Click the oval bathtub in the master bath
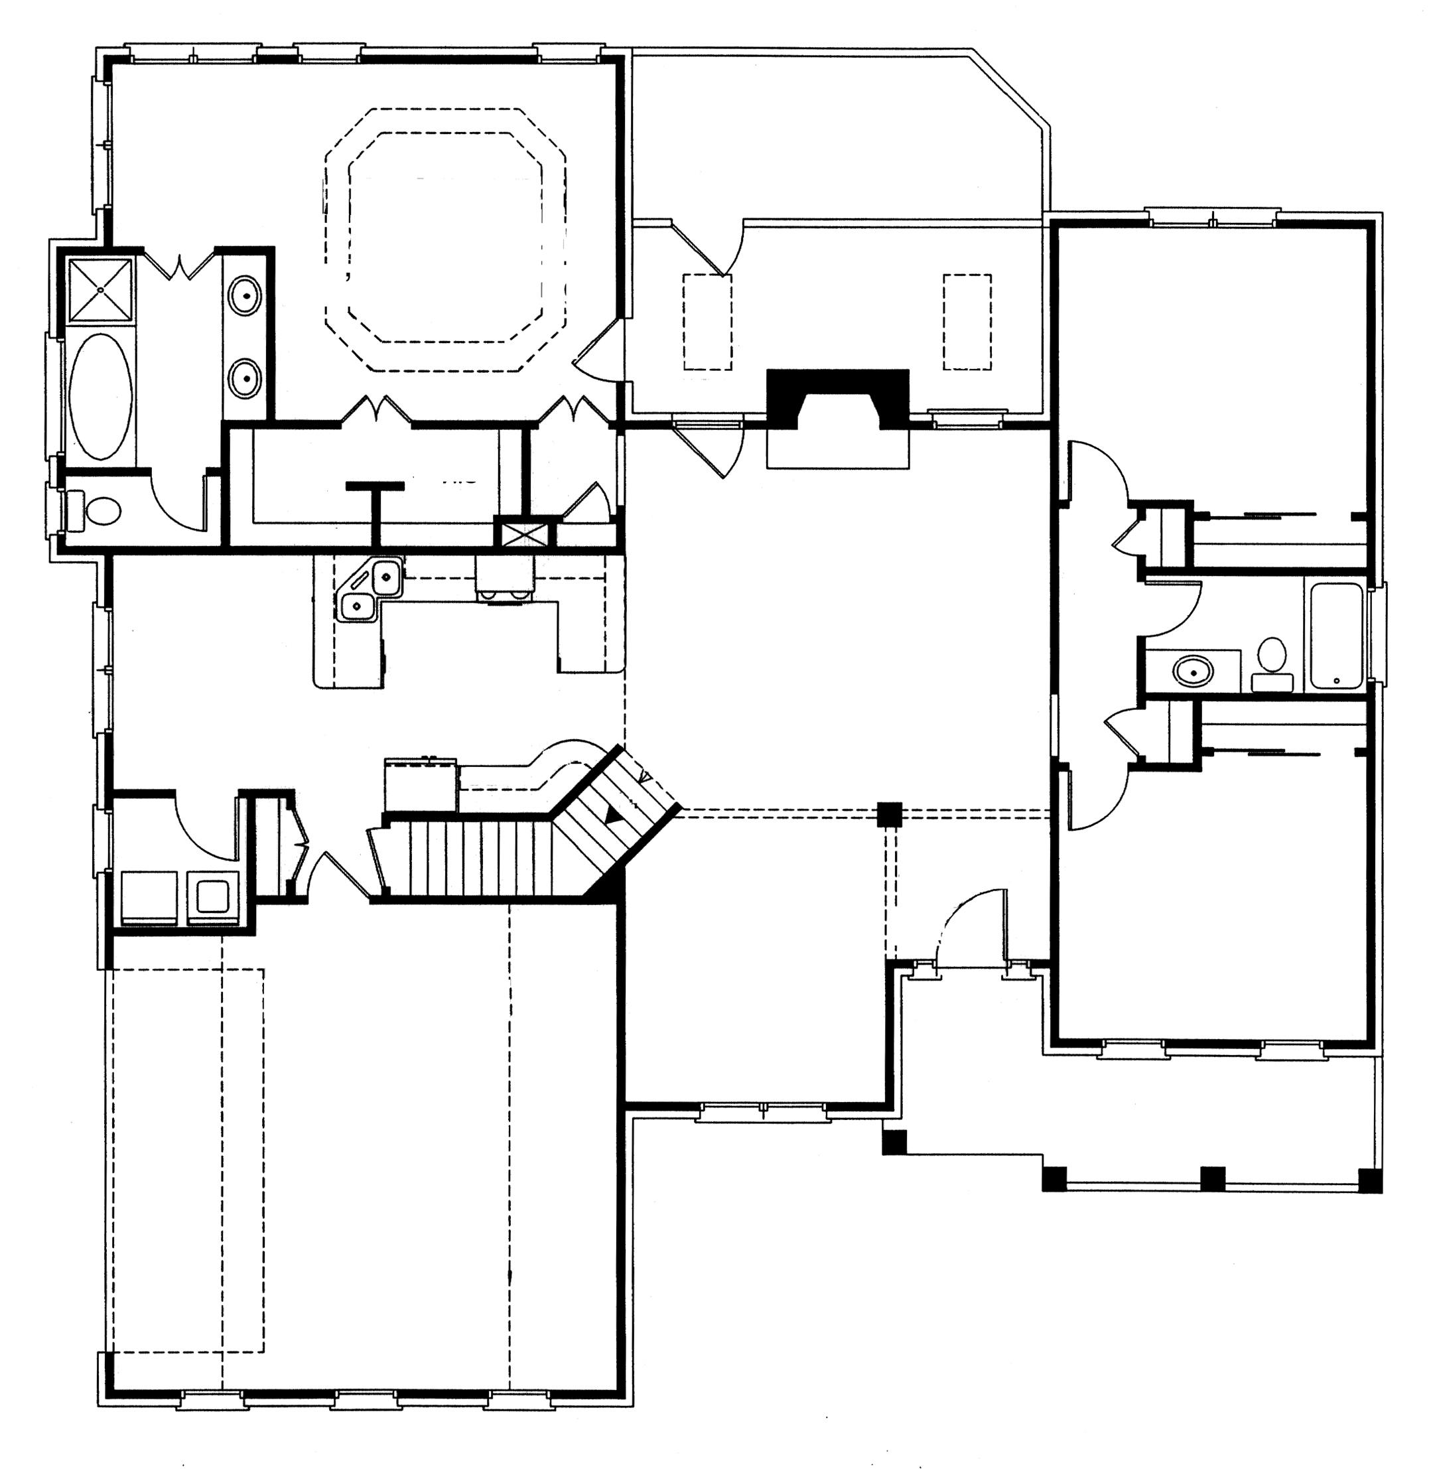pos(100,397)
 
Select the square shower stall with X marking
pos(100,289)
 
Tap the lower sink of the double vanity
pos(245,378)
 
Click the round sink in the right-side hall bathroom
pos(1194,669)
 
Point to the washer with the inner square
pos(212,896)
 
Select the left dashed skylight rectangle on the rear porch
pos(707,322)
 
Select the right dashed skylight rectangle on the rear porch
pos(967,322)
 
